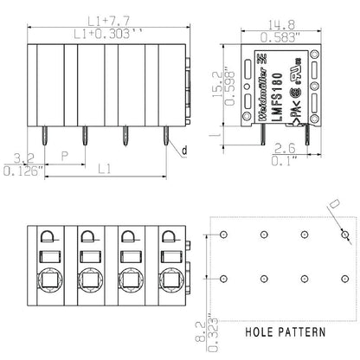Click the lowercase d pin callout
(183, 150)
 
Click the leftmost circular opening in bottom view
(48, 280)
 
